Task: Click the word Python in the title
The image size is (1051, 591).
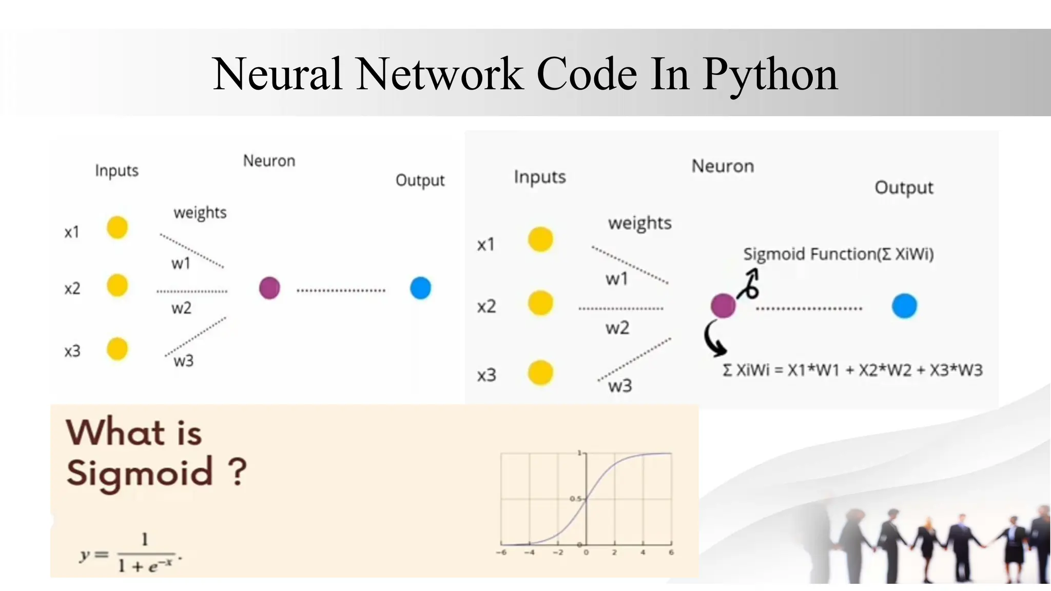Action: [770, 75]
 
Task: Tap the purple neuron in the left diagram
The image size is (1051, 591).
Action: [269, 288]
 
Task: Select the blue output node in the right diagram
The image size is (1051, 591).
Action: [904, 306]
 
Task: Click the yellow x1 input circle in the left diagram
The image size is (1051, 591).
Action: [117, 227]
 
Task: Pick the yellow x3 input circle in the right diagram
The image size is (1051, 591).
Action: [540, 372]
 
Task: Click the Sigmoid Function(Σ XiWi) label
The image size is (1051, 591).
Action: [838, 254]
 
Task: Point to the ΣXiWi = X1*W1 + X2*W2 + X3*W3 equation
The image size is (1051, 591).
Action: [852, 370]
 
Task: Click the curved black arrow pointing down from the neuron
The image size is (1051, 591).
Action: [713, 339]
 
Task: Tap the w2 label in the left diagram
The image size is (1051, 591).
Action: [181, 308]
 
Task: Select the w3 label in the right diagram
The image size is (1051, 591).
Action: [620, 386]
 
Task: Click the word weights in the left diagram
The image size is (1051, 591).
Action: [200, 212]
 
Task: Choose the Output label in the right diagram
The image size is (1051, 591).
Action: [904, 188]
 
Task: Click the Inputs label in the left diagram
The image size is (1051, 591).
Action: [116, 170]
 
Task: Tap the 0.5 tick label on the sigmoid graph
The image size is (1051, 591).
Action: [575, 499]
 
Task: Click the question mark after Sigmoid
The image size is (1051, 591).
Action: [237, 472]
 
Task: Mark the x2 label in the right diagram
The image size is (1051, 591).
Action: [486, 306]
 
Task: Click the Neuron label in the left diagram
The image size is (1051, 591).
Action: [269, 161]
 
